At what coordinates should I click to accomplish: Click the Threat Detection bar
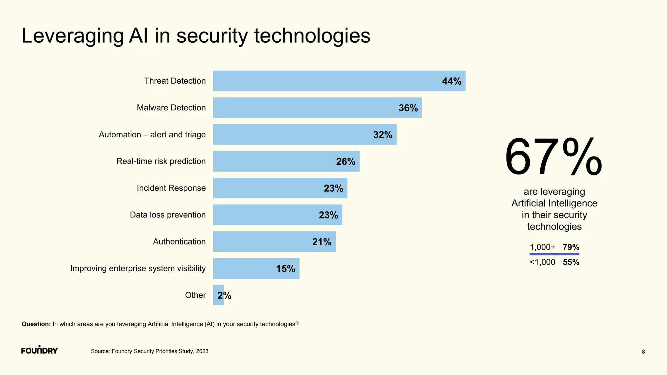coord(326,81)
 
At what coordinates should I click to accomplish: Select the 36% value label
coord(408,108)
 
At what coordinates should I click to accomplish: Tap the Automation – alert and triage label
coord(152,135)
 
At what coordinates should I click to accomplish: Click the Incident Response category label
coord(171,188)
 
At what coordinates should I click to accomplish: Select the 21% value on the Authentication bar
coord(322,242)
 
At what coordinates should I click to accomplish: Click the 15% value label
coord(286,269)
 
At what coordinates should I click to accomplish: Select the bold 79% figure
coord(571,247)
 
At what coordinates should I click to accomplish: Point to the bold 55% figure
coord(571,262)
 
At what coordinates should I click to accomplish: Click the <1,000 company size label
coord(542,262)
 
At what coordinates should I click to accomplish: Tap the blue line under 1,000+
coord(554,254)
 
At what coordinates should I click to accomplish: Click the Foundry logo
coord(39,350)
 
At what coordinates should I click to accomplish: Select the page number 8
coord(643,352)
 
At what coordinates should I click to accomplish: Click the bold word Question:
coord(36,324)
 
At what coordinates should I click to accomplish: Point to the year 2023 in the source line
coord(202,351)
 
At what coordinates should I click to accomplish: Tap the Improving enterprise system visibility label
coord(138,269)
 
